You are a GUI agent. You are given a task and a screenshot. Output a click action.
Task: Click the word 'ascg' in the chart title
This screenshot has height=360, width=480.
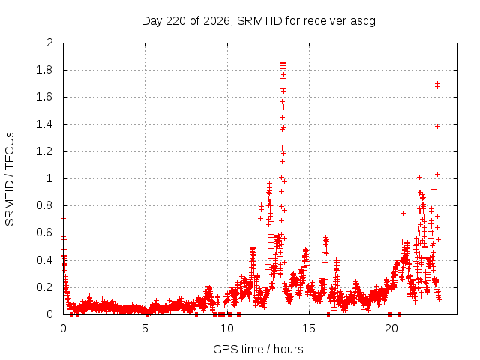[x=363, y=21]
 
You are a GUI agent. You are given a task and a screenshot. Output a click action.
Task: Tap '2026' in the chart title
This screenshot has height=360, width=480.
[x=217, y=21]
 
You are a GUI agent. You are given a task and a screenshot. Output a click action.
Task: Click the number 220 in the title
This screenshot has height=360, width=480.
[x=175, y=21]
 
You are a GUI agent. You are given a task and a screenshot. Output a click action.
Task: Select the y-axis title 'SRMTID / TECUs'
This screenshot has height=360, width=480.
[x=10, y=179]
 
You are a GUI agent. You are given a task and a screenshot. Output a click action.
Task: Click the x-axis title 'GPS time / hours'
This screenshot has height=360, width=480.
[x=258, y=349]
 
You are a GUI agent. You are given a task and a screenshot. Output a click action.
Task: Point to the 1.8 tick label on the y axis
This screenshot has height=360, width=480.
[x=44, y=70]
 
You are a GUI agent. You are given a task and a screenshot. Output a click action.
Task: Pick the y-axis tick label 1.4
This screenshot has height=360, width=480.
[x=44, y=124]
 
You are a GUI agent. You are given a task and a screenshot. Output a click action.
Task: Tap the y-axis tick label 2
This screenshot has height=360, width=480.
[x=50, y=43]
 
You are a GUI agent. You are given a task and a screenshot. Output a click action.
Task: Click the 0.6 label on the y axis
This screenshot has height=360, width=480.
[x=44, y=232]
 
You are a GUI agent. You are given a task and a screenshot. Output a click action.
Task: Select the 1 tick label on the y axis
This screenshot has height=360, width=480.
[x=50, y=178]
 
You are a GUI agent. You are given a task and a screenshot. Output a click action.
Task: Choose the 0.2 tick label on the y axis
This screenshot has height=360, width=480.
[x=44, y=287]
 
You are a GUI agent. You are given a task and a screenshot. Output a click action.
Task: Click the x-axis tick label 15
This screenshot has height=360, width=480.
[x=309, y=328]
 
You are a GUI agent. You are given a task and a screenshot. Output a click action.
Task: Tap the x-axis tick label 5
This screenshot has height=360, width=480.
[x=145, y=328]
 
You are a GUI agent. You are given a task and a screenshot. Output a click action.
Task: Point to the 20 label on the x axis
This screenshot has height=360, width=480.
[x=391, y=328]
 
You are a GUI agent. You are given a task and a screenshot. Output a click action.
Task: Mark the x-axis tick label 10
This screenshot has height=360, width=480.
[x=227, y=328]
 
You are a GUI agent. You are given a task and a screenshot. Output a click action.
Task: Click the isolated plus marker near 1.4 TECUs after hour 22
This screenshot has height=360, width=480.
[x=437, y=127]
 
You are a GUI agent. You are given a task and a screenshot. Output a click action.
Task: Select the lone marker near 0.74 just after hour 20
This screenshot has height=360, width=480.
[x=403, y=213]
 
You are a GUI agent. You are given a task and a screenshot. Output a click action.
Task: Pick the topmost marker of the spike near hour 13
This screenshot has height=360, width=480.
[x=283, y=63]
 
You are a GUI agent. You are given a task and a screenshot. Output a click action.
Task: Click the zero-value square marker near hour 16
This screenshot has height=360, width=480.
[x=328, y=314]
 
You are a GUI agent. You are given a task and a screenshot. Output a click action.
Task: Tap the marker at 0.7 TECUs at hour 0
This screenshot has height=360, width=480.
[x=63, y=219]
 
